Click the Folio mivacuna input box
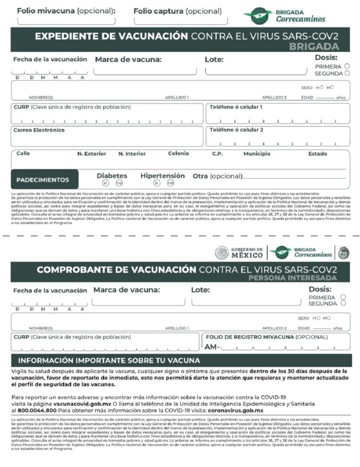pyautogui.click(x=66, y=20)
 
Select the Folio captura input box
pyautogui.click(x=181, y=20)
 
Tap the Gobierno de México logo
pyautogui.click(x=240, y=252)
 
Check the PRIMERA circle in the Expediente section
pyautogui.click(x=347, y=66)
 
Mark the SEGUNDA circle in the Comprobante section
pyautogui.click(x=343, y=303)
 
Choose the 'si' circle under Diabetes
pyautogui.click(x=105, y=183)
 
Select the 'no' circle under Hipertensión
pyautogui.click(x=170, y=183)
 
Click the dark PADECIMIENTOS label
pyautogui.click(x=43, y=180)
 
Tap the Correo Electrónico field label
pyautogui.click(x=39, y=130)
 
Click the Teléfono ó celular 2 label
pyautogui.click(x=236, y=130)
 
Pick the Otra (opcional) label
pyautogui.click(x=217, y=176)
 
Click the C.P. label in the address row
pyautogui.click(x=217, y=154)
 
